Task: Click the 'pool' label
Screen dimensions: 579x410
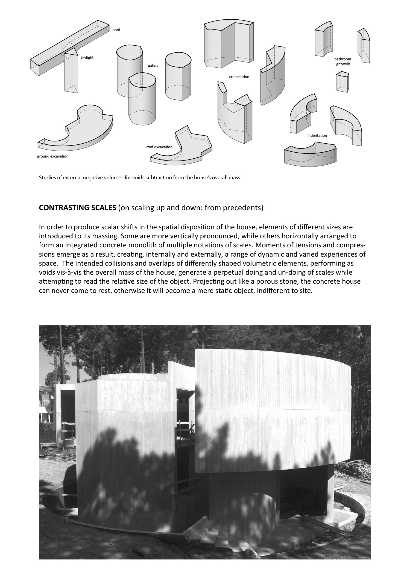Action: tap(116, 30)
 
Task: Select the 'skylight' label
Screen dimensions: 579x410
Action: tap(87, 58)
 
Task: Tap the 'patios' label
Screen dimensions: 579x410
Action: tap(153, 66)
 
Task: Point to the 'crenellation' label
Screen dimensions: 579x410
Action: tap(239, 77)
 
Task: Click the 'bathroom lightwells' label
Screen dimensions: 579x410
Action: tap(342, 61)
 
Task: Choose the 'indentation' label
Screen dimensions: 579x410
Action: tap(317, 135)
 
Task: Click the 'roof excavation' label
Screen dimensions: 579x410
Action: tap(159, 147)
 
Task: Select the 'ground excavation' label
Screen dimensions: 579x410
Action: tap(53, 156)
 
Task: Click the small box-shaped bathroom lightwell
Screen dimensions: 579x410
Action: tap(343, 81)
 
